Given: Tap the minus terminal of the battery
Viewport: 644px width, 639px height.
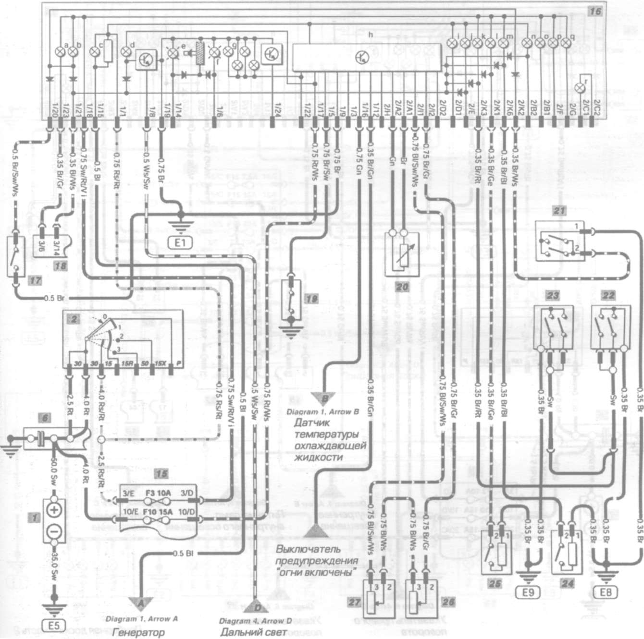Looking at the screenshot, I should (x=54, y=531).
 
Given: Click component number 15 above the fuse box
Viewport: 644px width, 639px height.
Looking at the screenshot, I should (x=159, y=474).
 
